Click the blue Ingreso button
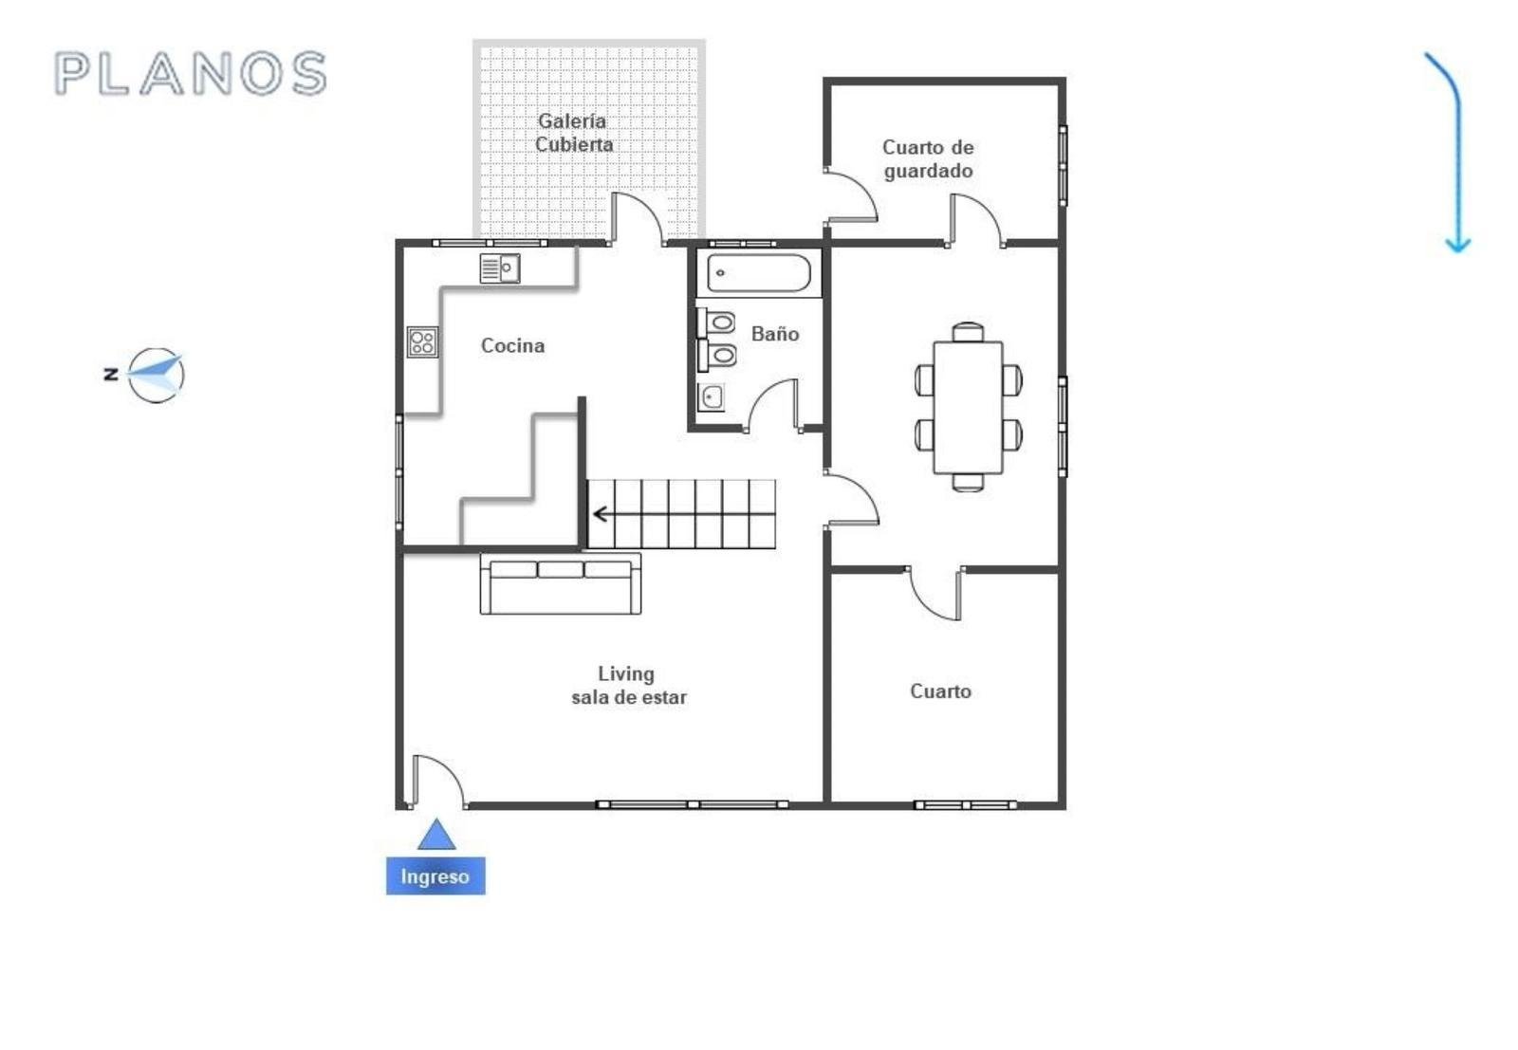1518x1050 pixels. [435, 875]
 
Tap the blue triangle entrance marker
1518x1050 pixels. [436, 834]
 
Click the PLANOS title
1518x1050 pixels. [191, 73]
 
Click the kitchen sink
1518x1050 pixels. [500, 268]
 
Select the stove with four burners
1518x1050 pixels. [423, 342]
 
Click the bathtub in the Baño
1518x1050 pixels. [759, 273]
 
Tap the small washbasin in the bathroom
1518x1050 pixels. [712, 397]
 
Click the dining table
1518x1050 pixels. [968, 408]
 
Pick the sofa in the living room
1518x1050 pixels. [561, 584]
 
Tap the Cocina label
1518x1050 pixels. [513, 345]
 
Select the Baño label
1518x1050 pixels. [775, 333]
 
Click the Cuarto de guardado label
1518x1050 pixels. [929, 159]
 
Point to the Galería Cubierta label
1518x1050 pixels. [574, 133]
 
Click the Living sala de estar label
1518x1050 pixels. [628, 686]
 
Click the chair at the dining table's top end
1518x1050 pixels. [968, 332]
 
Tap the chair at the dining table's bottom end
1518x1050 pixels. [968, 483]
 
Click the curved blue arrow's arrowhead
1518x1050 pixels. [1457, 246]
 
